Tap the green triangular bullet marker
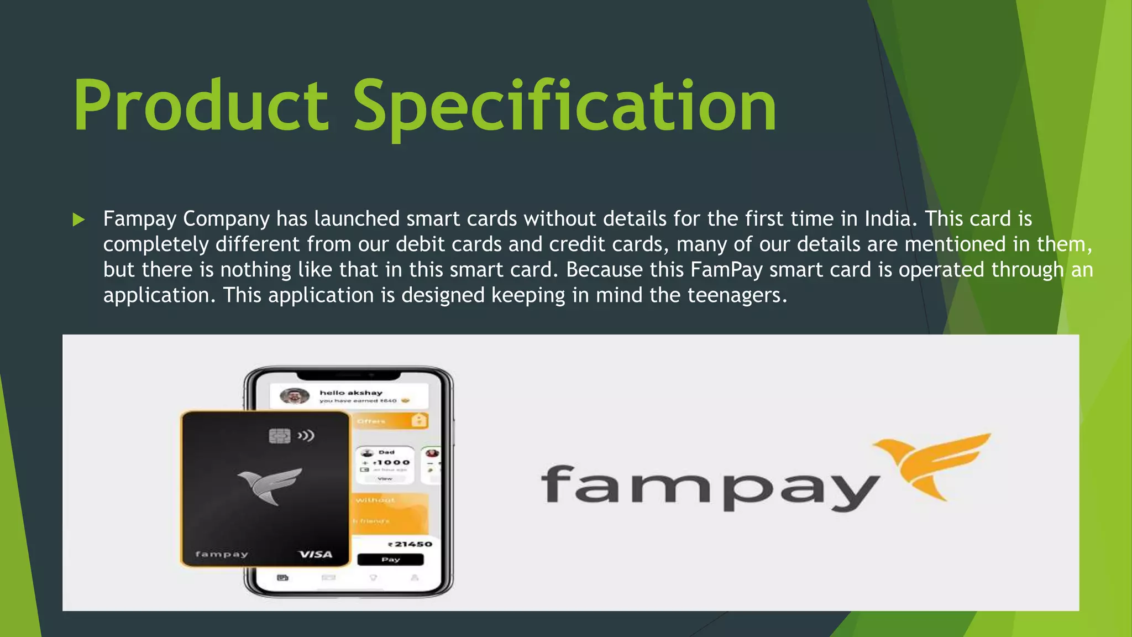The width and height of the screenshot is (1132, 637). pos(78,220)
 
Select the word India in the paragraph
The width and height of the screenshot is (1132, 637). pos(887,219)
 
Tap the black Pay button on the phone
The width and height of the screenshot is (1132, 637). pos(390,560)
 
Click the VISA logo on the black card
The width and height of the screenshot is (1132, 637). pos(316,554)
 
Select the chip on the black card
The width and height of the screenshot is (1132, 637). pos(280,436)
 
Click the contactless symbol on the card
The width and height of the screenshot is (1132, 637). pos(306,436)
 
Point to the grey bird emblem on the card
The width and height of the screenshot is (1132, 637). pos(269,485)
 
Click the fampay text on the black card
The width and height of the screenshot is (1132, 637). pos(222,554)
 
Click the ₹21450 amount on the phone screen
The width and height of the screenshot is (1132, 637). pos(410,544)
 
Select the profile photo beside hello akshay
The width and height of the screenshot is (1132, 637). pos(295,396)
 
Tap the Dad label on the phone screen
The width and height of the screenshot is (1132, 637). pos(386,452)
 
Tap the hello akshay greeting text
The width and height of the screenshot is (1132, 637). pos(351,393)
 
